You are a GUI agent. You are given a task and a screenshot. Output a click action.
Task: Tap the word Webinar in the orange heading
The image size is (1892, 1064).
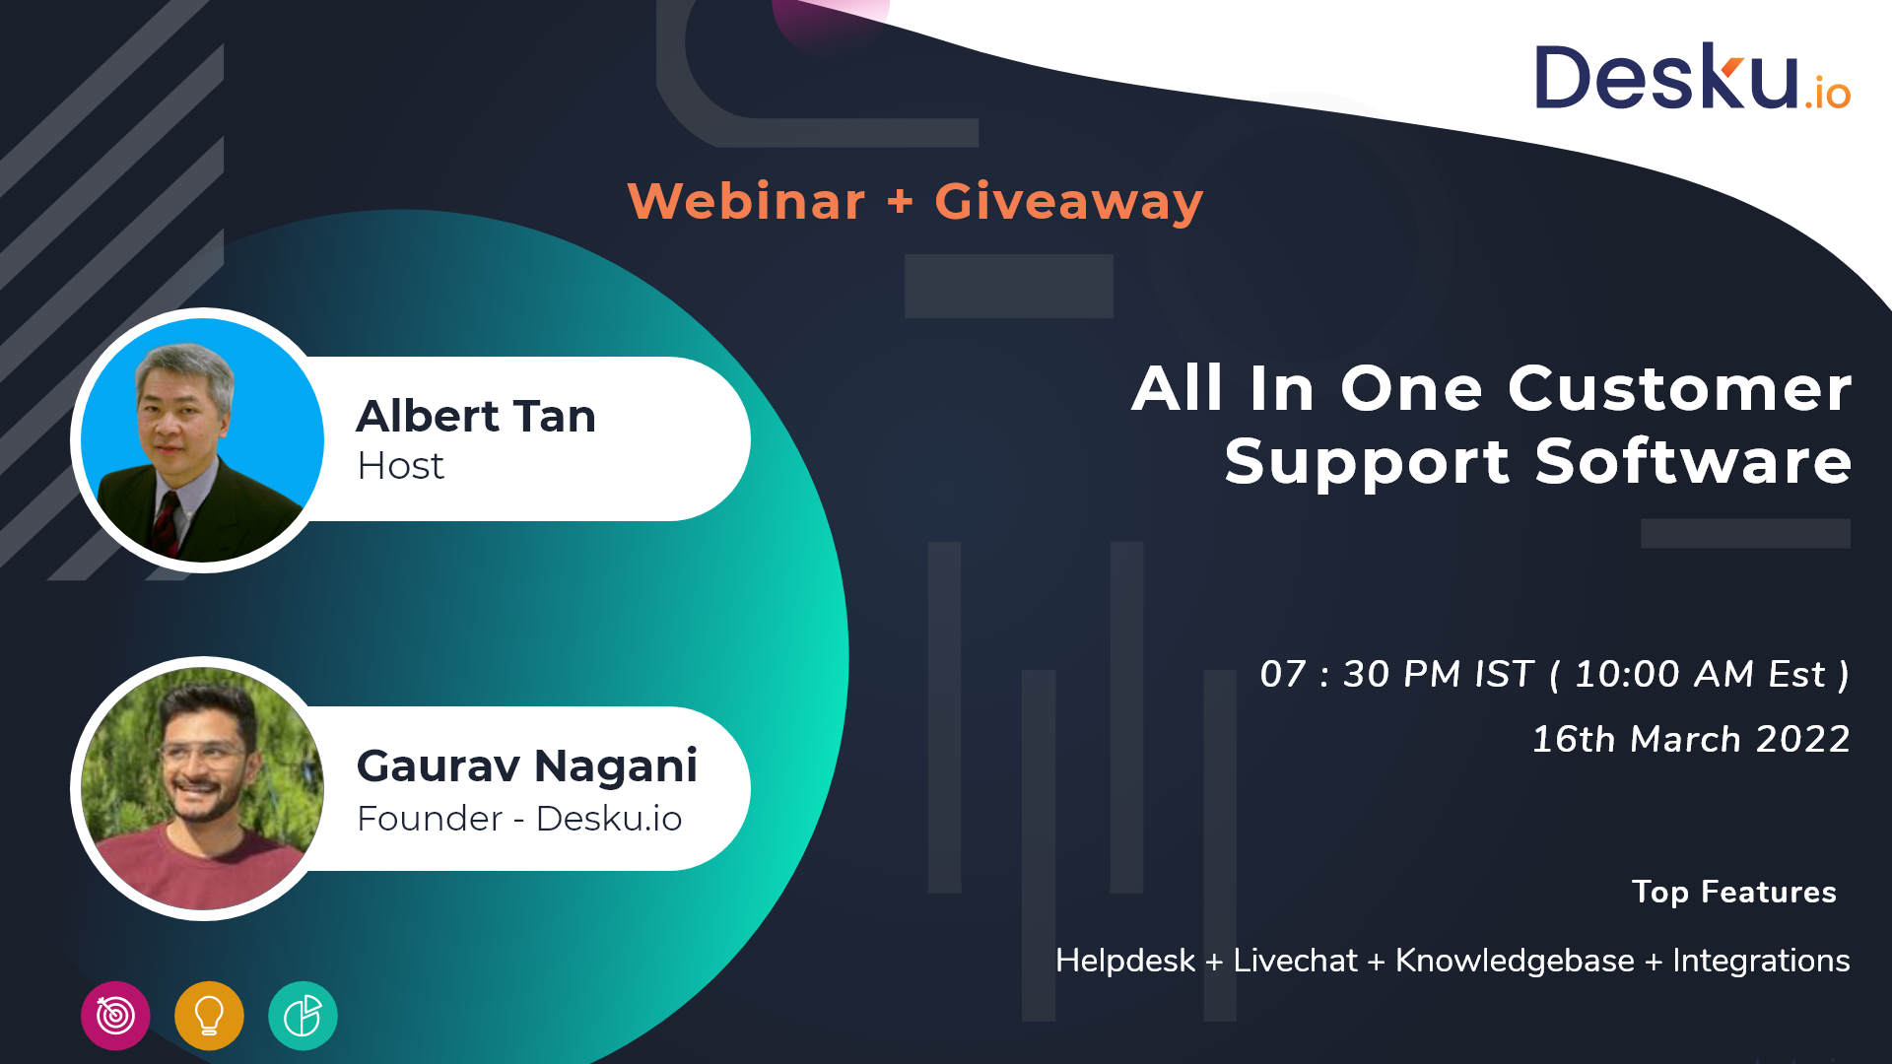[x=746, y=201]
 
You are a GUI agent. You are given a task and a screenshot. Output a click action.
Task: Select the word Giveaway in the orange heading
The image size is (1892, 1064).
[x=1069, y=203]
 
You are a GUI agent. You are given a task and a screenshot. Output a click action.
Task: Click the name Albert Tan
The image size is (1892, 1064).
[x=476, y=416]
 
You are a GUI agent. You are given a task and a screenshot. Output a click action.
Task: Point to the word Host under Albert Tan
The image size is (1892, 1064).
[x=400, y=466]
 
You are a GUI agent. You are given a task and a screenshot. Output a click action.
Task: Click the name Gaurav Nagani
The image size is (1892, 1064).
[x=527, y=765]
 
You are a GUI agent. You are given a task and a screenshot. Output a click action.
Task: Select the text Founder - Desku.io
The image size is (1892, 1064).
[x=519, y=819]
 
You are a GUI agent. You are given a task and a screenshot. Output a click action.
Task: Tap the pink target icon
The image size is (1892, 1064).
[x=115, y=1016]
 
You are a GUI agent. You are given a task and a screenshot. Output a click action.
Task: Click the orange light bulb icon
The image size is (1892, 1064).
[x=209, y=1016]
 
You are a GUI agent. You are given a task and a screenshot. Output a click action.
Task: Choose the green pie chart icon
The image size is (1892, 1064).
[x=303, y=1016]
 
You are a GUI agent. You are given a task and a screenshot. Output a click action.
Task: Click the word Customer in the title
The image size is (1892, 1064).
[x=1679, y=388]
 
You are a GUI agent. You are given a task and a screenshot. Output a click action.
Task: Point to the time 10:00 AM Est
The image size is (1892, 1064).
[x=1700, y=675]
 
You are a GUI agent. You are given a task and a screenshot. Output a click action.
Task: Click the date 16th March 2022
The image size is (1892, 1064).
[x=1691, y=739]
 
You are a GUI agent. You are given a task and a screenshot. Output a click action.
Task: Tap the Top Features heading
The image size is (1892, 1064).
[x=1734, y=892]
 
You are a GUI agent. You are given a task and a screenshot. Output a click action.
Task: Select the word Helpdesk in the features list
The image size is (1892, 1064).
[x=1125, y=961]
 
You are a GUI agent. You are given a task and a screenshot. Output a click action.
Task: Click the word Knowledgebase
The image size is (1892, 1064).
[x=1515, y=961]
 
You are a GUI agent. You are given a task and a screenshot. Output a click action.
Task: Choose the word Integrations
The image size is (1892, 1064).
[x=1761, y=961]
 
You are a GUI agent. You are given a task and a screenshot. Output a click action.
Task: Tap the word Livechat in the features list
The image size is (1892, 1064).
[x=1295, y=961]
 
